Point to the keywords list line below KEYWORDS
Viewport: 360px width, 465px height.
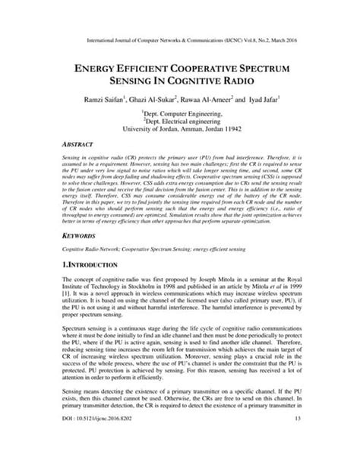[x=143, y=261]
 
